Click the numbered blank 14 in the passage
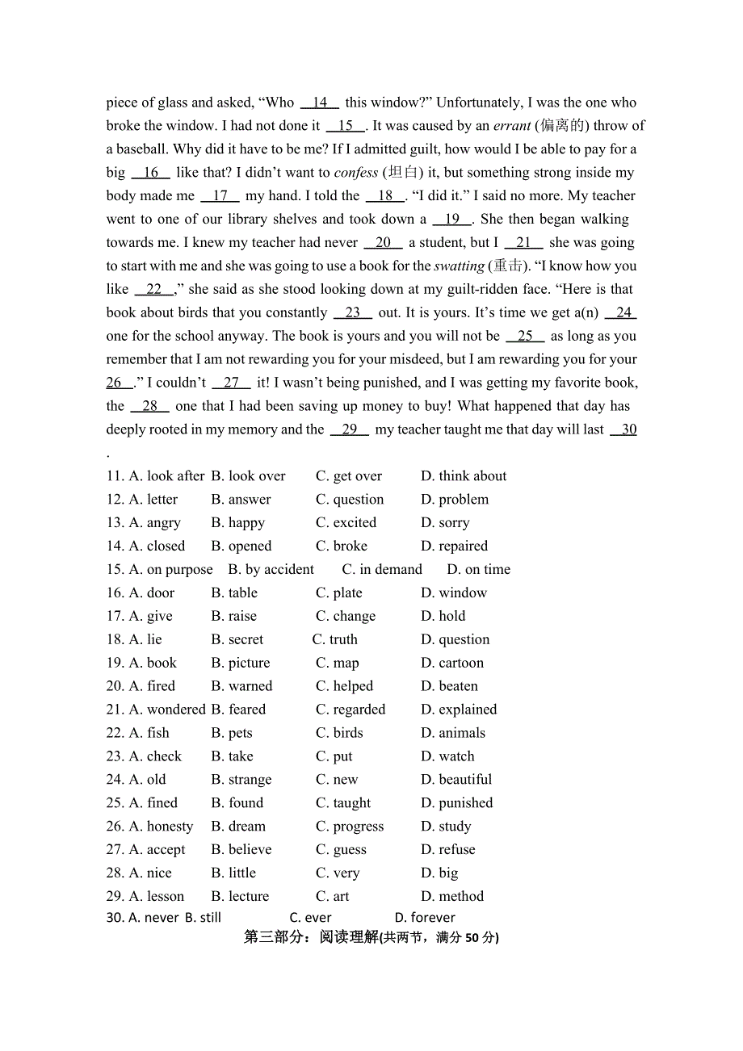click(x=320, y=103)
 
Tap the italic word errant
click(x=512, y=126)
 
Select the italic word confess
click(x=356, y=173)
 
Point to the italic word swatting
click(x=460, y=266)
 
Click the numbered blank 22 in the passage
click(x=154, y=289)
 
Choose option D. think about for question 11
click(x=464, y=476)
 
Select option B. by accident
click(x=271, y=570)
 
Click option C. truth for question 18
click(x=335, y=639)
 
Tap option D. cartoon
click(x=452, y=663)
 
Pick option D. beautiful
click(x=456, y=780)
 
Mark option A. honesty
click(x=161, y=827)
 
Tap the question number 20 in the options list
click(x=115, y=686)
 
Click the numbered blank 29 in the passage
click(x=350, y=429)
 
